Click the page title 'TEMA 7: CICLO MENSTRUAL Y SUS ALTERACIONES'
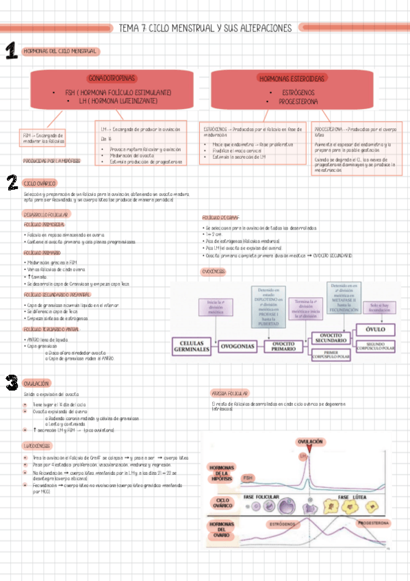pos(205,28)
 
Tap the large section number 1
pos(11,51)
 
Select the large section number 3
pos(11,382)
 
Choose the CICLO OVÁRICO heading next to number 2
pos(40,184)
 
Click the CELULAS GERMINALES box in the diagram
pos(192,346)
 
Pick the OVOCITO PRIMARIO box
pos(283,345)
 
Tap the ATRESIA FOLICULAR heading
pos(229,394)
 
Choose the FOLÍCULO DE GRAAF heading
pos(220,217)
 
